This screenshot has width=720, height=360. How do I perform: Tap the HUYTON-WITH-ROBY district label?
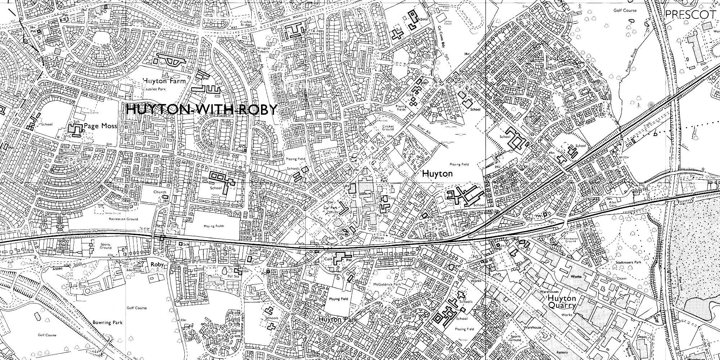click(x=202, y=109)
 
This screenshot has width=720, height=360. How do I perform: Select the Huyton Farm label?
click(x=164, y=81)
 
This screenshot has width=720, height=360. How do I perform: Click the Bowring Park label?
click(x=107, y=323)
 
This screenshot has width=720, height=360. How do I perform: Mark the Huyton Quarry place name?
click(x=562, y=302)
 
